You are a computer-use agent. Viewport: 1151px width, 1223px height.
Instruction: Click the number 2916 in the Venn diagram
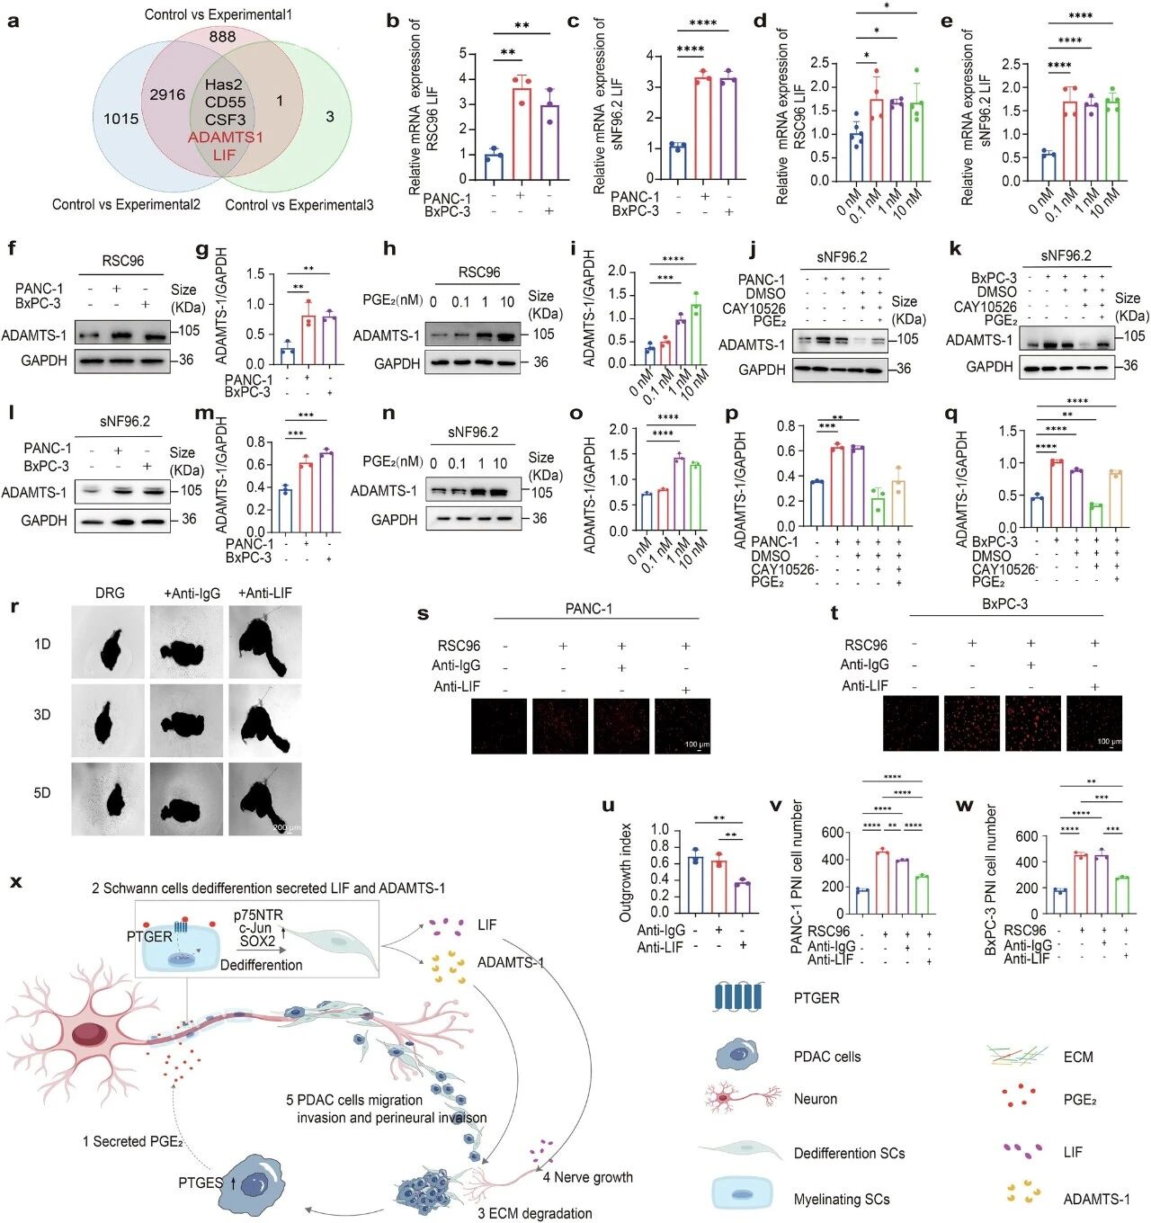(167, 94)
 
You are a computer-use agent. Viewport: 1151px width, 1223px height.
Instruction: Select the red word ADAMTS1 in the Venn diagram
(225, 138)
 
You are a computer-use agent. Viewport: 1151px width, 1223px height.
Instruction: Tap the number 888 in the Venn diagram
(222, 37)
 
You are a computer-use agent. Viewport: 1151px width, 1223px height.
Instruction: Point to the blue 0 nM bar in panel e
(1042, 166)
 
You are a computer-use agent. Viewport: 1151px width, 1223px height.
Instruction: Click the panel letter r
(14, 607)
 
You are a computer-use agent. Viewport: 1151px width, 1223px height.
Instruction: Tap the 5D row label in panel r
(42, 793)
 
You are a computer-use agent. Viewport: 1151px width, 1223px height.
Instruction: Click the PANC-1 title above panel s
(588, 609)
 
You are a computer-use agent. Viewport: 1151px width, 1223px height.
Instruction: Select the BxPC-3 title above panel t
(1004, 603)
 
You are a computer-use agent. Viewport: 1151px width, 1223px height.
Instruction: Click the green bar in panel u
(742, 897)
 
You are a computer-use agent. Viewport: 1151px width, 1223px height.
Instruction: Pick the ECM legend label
(1078, 1057)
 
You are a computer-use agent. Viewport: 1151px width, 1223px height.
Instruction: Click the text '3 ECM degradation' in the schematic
(534, 1213)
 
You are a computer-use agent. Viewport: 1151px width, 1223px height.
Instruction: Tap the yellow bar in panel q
(1116, 498)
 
